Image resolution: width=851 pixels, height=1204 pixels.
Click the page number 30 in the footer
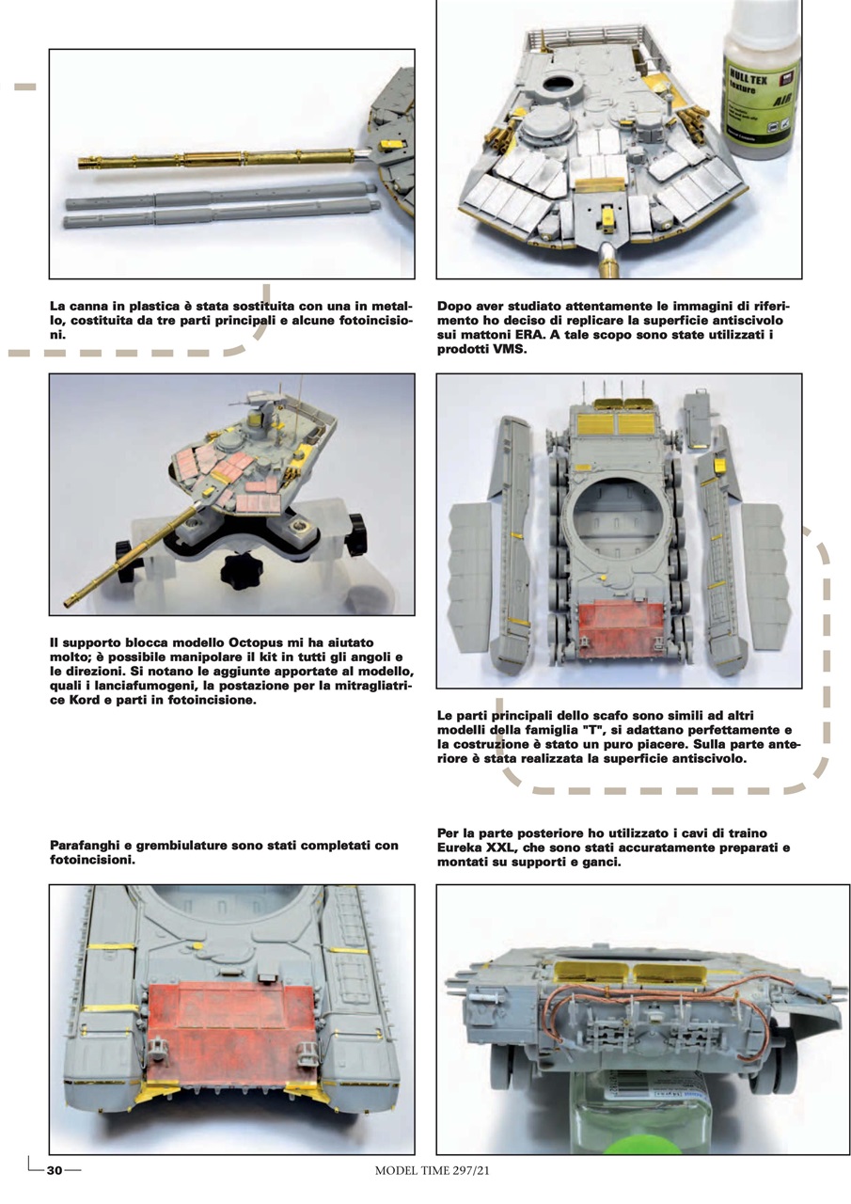(55, 1170)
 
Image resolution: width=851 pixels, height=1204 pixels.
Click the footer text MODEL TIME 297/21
(433, 1171)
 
